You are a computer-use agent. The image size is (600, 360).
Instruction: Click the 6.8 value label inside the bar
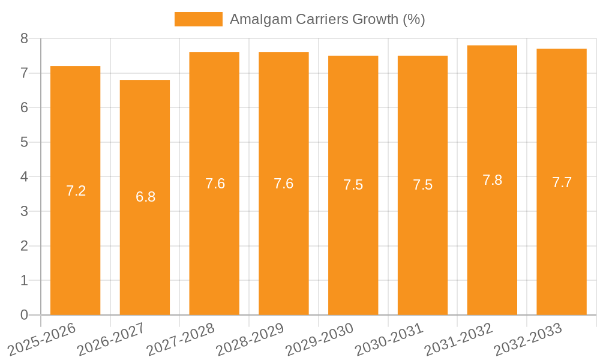tap(145, 197)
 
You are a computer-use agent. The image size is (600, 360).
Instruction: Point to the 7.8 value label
tap(492, 180)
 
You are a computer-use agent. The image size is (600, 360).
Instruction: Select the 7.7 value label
tap(562, 183)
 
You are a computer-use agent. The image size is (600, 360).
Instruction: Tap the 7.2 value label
tap(76, 191)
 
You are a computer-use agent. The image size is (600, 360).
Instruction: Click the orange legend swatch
tap(198, 19)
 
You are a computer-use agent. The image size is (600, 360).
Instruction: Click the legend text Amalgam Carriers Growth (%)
tap(327, 19)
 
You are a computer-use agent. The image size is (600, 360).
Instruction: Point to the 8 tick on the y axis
tap(24, 38)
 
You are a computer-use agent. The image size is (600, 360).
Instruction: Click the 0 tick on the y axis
tap(24, 315)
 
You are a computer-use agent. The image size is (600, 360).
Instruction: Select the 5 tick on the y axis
tap(24, 142)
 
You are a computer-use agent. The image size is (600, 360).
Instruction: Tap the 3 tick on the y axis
tap(24, 211)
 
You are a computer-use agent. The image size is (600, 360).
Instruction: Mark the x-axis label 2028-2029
tap(250, 340)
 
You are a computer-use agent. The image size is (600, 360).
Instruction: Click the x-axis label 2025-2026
tap(42, 340)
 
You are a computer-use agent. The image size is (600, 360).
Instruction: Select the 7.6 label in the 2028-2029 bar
tap(283, 184)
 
